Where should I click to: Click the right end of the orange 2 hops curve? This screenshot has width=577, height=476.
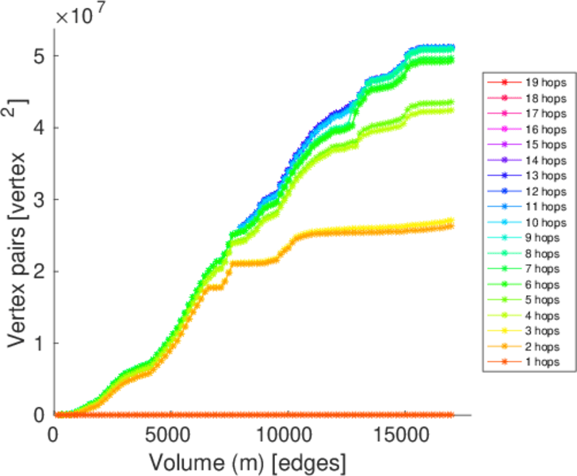[x=452, y=225]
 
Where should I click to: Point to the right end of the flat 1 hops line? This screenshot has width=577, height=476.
[x=452, y=415]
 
